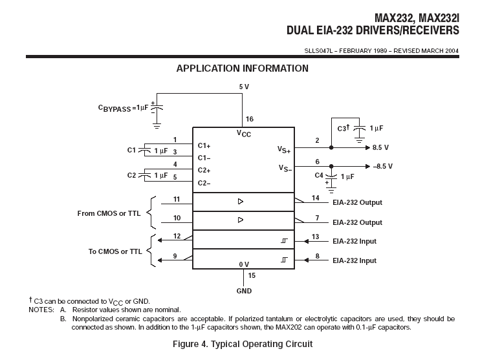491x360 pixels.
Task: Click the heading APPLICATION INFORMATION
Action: pyautogui.click(x=242, y=69)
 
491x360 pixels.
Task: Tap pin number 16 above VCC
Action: pyautogui.click(x=249, y=119)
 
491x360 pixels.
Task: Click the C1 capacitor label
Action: pyautogui.click(x=131, y=150)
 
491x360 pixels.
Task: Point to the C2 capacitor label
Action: pyautogui.click(x=131, y=175)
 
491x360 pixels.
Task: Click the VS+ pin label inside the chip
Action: pyautogui.click(x=285, y=149)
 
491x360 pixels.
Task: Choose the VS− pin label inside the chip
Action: pyautogui.click(x=285, y=168)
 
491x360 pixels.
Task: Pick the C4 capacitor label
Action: pyautogui.click(x=319, y=176)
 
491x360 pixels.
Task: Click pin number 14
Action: pyautogui.click(x=316, y=197)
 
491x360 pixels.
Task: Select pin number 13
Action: pyautogui.click(x=316, y=237)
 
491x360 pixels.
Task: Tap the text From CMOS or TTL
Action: pyautogui.click(x=109, y=213)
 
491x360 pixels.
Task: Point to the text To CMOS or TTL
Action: pyautogui.click(x=115, y=251)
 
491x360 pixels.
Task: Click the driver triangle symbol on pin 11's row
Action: pyautogui.click(x=241, y=202)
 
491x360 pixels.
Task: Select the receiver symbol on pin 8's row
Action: pyautogui.click(x=284, y=260)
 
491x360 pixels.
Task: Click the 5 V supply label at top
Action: pyautogui.click(x=243, y=86)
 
